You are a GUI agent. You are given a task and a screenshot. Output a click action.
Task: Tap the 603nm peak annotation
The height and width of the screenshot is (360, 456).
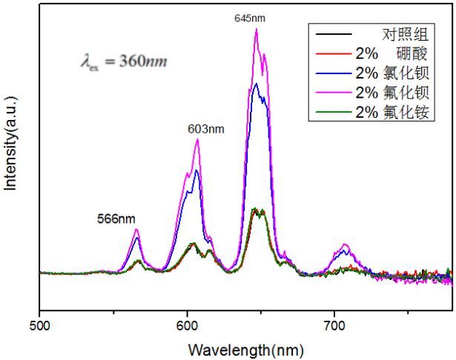[x=204, y=129]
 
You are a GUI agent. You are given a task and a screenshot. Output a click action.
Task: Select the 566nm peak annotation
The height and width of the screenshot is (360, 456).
[x=116, y=219]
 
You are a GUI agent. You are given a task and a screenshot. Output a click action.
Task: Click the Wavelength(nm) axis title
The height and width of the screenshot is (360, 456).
[x=245, y=348]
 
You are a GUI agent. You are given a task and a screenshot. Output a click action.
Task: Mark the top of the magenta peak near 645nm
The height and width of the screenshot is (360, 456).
[x=257, y=29]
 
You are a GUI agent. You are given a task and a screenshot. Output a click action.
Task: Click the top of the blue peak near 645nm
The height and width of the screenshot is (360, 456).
[x=256, y=83]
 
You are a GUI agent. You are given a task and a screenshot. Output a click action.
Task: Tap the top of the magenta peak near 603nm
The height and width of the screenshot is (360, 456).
[x=197, y=139]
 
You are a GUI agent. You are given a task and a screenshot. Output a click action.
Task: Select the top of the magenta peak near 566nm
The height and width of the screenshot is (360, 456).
[x=137, y=230]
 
